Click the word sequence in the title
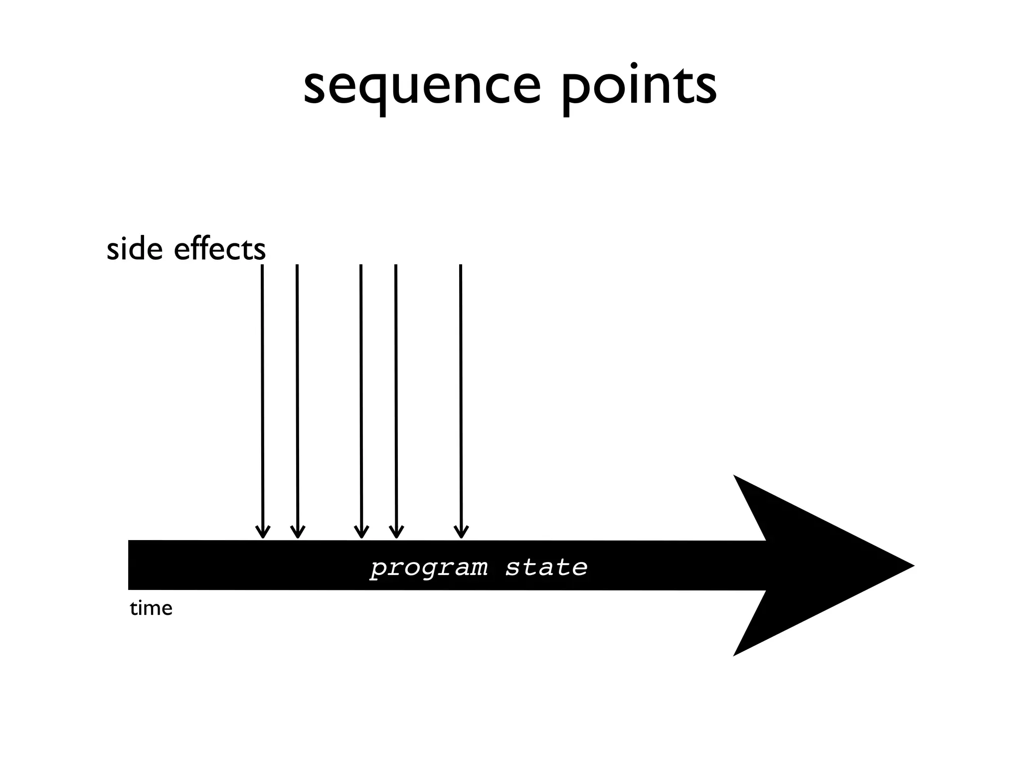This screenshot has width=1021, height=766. point(422,88)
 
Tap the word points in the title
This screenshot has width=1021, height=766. point(639,88)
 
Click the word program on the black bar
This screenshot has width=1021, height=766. point(429,568)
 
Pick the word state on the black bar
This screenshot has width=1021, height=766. point(546,568)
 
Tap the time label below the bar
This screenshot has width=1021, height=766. point(151,608)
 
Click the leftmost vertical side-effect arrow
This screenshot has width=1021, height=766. point(262,399)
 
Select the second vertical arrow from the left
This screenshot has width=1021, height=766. point(297,399)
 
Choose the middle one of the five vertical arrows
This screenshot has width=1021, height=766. point(361,399)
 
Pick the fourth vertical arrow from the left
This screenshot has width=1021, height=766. point(396,399)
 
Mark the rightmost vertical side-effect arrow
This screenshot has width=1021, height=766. point(461,399)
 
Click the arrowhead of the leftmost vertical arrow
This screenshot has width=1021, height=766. point(263,533)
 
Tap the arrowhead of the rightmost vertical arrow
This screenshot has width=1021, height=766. point(461,533)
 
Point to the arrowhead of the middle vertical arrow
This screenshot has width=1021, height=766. point(361,533)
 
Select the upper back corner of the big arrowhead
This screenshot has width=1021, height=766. point(735,477)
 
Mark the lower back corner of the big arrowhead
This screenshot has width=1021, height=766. point(735,655)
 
